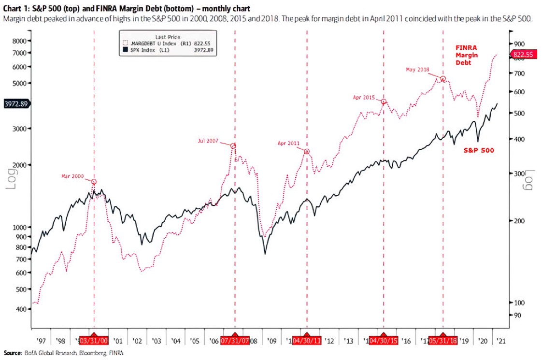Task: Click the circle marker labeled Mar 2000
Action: [94, 182]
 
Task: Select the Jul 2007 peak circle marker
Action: [233, 146]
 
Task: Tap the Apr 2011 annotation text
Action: [288, 143]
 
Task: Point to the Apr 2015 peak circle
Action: [384, 102]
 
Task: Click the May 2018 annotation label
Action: [417, 70]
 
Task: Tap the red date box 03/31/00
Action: [94, 341]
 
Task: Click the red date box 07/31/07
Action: [235, 341]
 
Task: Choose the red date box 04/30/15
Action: [384, 341]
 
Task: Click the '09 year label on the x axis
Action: [271, 341]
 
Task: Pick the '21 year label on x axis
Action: [501, 341]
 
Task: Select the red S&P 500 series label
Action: [479, 150]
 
